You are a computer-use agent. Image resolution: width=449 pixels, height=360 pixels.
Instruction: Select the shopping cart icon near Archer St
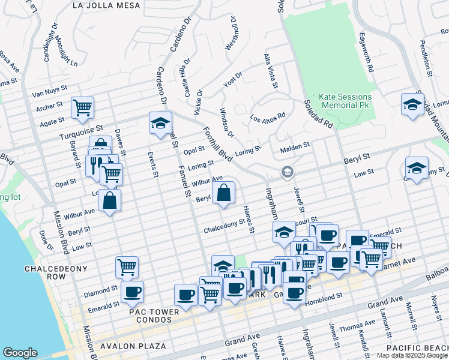[x=82, y=108]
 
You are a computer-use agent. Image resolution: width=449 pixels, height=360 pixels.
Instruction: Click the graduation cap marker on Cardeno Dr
[x=160, y=123]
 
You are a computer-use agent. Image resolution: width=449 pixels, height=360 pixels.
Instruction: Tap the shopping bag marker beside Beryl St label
[x=223, y=193]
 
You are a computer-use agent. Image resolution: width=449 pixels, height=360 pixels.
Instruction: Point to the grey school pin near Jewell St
[x=288, y=173]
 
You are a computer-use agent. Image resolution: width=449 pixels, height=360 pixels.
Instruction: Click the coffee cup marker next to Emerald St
[x=132, y=292]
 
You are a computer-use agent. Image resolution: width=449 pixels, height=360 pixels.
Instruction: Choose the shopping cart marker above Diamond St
[x=127, y=267]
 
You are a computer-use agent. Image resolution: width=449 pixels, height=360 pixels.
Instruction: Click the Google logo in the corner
[x=20, y=353]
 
